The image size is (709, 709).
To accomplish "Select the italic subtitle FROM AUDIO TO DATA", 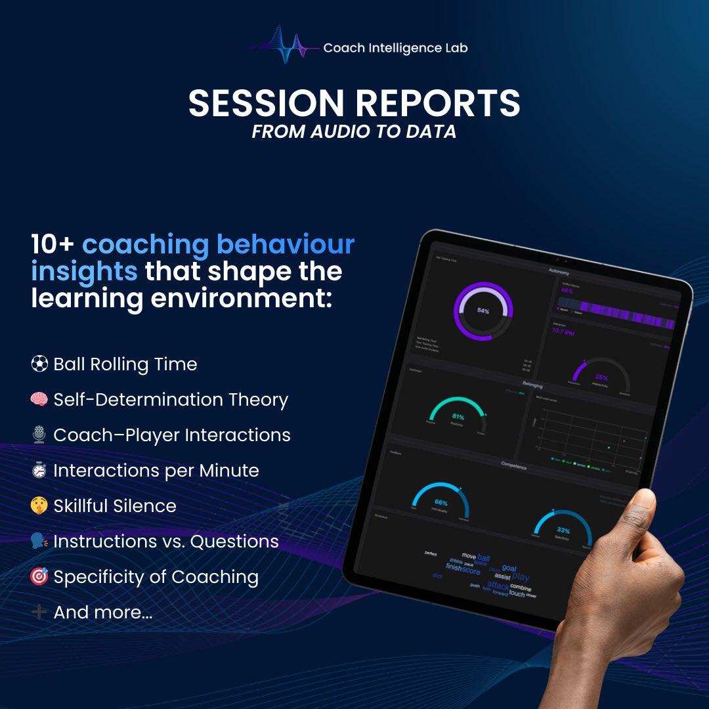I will (354, 131).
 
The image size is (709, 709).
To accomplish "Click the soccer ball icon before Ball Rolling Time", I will (39, 364).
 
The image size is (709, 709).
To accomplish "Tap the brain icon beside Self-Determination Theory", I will (39, 399).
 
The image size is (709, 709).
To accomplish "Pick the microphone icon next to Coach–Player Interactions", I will (39, 435).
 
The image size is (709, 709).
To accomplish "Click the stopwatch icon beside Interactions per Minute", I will (39, 470).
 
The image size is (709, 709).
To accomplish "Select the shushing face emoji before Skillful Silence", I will (39, 505).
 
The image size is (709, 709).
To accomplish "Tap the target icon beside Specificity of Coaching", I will (39, 576).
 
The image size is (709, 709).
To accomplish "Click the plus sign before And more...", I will (39, 612).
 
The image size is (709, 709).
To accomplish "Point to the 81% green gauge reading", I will (458, 416).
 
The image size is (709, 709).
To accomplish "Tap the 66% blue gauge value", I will (441, 503).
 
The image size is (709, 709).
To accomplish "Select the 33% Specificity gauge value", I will (563, 529).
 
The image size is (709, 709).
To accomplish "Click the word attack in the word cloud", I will (498, 585).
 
